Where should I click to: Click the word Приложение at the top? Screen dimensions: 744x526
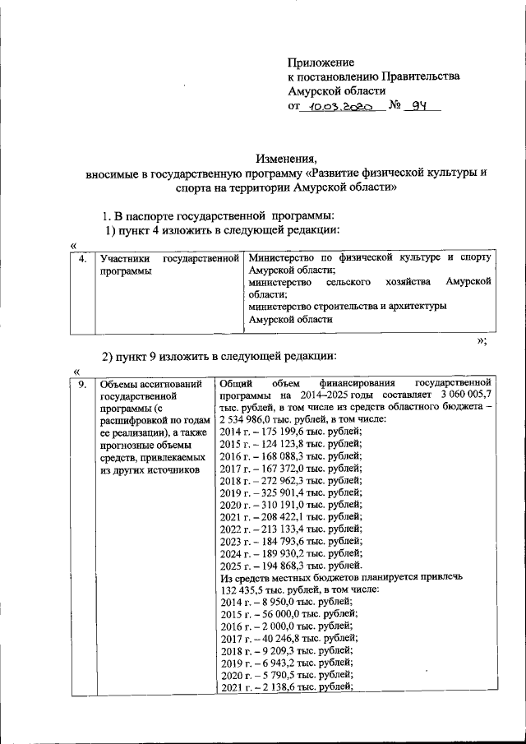click(x=321, y=62)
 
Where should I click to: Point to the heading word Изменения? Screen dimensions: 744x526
click(x=285, y=159)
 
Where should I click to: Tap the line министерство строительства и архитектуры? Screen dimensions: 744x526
click(x=348, y=307)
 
